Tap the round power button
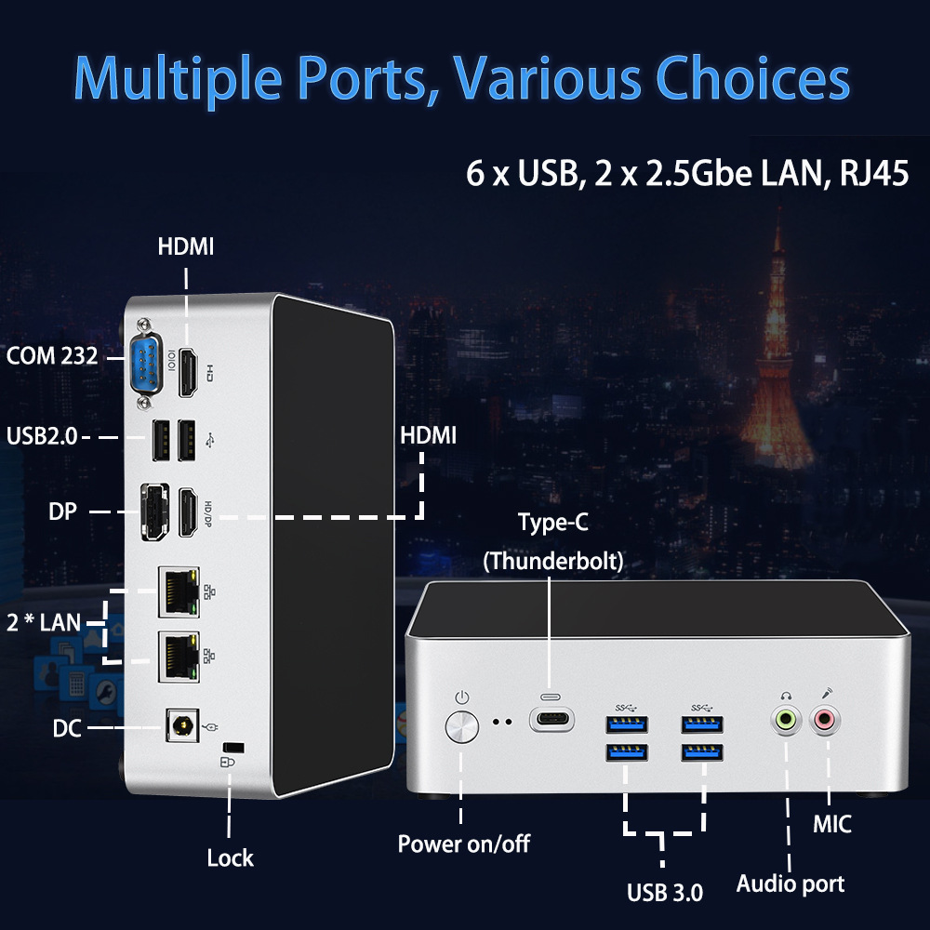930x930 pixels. click(462, 727)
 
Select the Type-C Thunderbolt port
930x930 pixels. click(551, 720)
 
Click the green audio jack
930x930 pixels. click(787, 718)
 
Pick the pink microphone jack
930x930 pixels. click(825, 718)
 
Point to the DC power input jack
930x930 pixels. click(180, 725)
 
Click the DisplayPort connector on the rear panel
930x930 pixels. click(153, 511)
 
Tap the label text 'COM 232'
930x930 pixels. click(52, 355)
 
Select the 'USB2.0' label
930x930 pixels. click(42, 435)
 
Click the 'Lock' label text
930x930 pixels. click(230, 857)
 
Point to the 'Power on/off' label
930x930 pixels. click(463, 844)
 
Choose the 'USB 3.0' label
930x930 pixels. click(665, 893)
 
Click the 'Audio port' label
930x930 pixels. click(790, 883)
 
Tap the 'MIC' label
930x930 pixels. click(831, 824)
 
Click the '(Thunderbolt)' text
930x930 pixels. click(553, 562)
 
